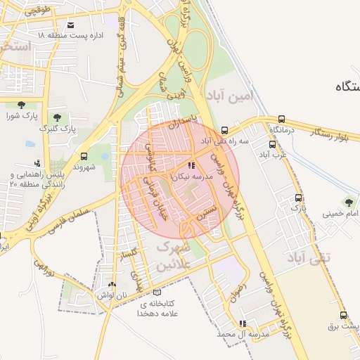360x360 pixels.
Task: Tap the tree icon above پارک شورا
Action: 20,105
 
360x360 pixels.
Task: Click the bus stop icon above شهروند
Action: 84,156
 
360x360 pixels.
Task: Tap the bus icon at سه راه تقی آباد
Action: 224,130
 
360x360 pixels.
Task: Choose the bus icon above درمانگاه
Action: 282,119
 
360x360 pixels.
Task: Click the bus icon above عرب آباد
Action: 271,143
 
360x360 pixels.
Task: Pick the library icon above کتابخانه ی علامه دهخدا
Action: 157,291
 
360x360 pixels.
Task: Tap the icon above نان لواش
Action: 112,284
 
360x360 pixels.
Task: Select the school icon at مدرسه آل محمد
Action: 243,323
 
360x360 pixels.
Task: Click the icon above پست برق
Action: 342,315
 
